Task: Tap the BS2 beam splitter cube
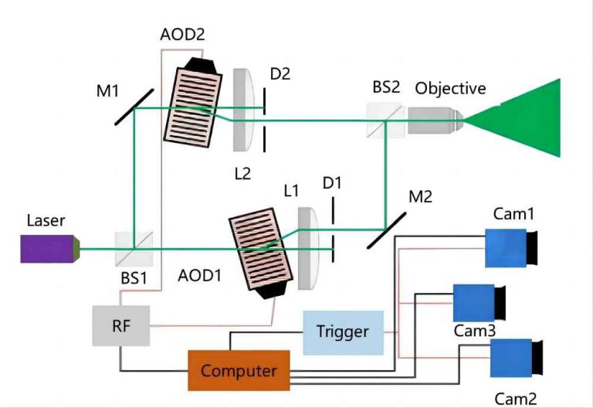[x=385, y=121]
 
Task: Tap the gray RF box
[x=120, y=325]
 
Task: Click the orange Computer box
[x=239, y=371]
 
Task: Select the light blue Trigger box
[x=342, y=332]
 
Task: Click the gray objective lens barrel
[x=435, y=120]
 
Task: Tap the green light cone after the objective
[x=525, y=118]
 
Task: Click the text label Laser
[x=46, y=221]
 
